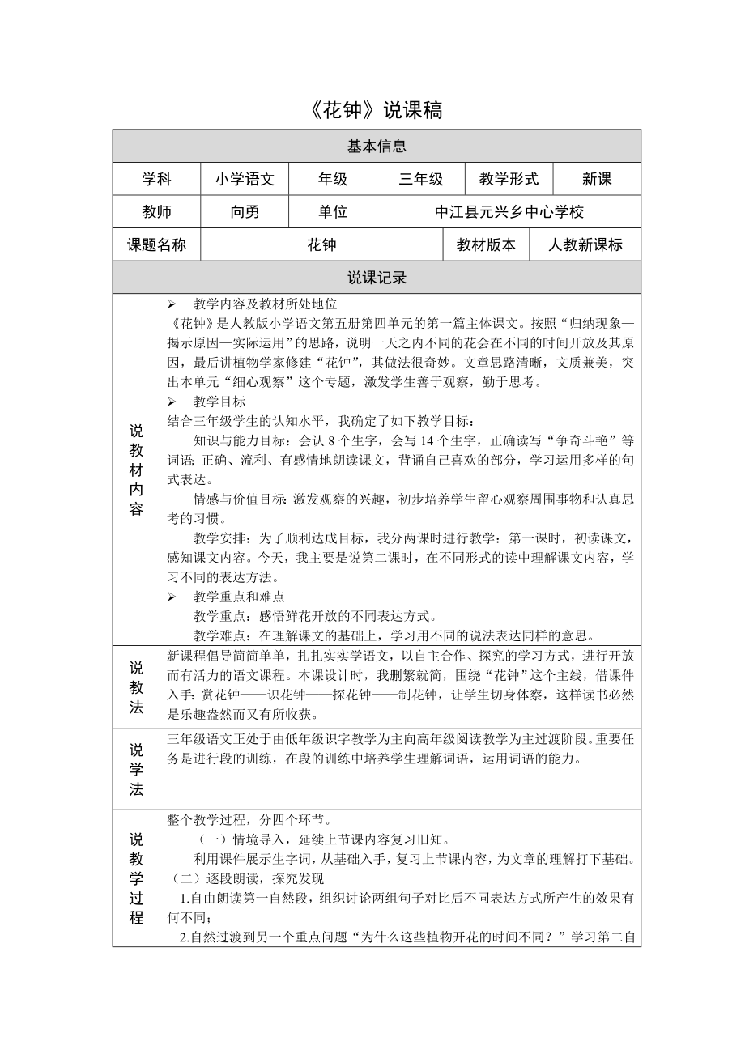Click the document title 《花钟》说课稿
tap(377, 111)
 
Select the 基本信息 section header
tap(377, 147)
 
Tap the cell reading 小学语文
tap(245, 180)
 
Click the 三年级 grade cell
tap(421, 180)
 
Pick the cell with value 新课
tap(597, 180)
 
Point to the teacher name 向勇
tap(245, 212)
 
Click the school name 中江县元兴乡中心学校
tap(509, 212)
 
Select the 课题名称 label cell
tap(157, 244)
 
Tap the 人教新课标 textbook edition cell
tap(585, 244)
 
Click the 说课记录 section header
tap(377, 278)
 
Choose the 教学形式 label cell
tap(509, 180)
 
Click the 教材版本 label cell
tap(486, 244)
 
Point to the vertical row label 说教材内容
tap(136, 470)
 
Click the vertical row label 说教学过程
tap(136, 878)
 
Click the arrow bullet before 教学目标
tap(172, 402)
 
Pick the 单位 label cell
tap(333, 212)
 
